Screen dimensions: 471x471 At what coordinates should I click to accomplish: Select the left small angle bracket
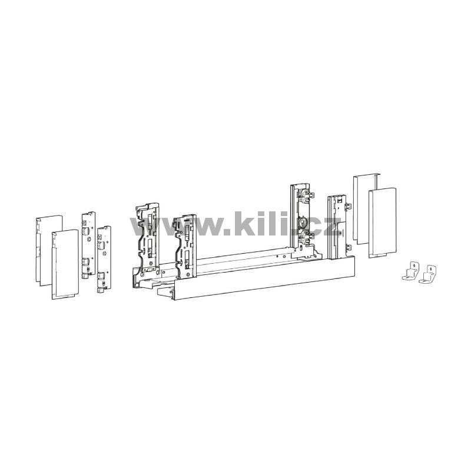coord(410,271)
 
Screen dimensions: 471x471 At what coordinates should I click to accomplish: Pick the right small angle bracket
coord(427,274)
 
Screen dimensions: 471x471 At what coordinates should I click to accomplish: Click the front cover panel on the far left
coord(65,264)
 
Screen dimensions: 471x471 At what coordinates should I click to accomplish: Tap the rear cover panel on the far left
coord(49,250)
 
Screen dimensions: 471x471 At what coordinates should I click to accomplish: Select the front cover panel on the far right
coord(382,223)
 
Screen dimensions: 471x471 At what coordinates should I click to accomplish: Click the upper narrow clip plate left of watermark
coord(89,244)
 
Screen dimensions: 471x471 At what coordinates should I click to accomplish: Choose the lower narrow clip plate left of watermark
coord(104,259)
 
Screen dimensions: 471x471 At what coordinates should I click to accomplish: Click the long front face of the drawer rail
coord(264,278)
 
